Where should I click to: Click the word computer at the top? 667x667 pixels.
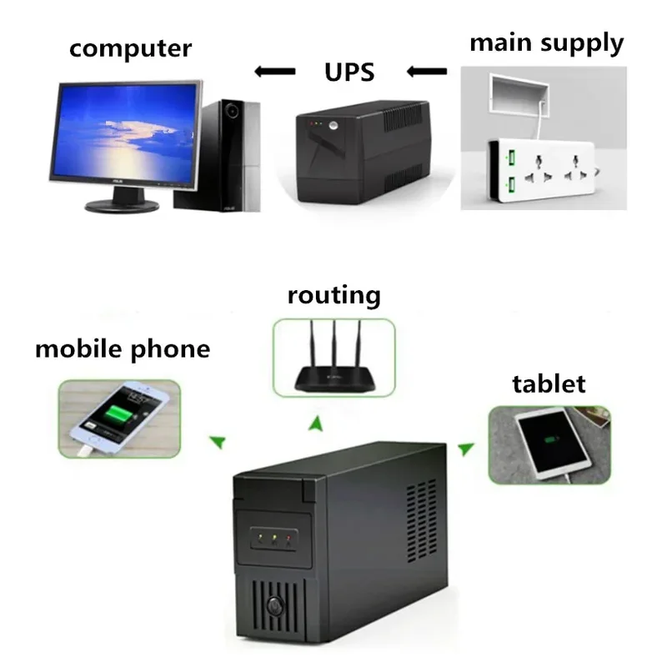click(x=130, y=48)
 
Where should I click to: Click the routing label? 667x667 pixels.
click(x=333, y=294)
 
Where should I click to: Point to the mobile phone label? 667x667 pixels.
click(x=123, y=348)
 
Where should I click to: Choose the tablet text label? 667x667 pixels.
click(x=549, y=384)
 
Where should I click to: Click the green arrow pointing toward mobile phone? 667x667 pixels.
click(x=217, y=439)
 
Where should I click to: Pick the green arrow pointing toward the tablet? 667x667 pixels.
click(x=467, y=449)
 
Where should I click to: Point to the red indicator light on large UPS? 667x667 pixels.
click(x=289, y=539)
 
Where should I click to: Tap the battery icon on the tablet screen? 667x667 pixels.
click(x=550, y=439)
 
